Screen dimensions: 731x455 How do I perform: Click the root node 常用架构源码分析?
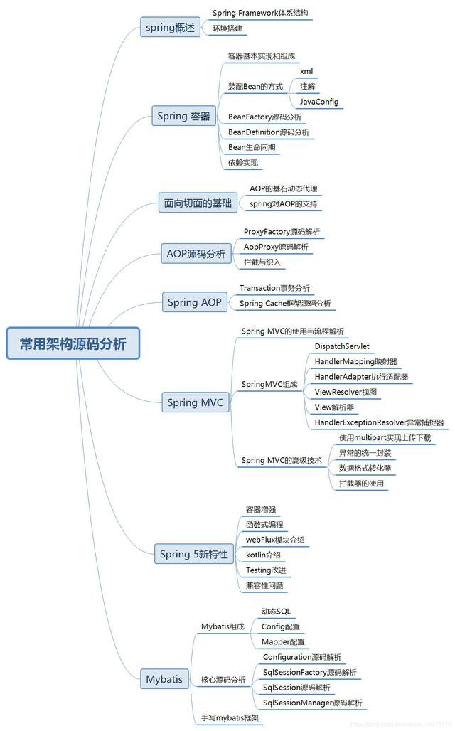(73, 343)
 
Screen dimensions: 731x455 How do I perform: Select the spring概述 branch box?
(169, 28)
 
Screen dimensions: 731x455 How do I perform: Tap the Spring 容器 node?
(183, 116)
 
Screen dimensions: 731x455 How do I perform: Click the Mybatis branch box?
(164, 678)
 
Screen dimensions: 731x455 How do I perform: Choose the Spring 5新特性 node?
(193, 553)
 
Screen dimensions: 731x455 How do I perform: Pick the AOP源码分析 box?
(196, 254)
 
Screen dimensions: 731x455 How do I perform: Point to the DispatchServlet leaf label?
(341, 346)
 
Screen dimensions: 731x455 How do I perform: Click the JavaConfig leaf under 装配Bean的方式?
(318, 102)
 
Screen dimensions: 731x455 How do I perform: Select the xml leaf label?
(306, 71)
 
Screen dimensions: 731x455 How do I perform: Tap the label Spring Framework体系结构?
(260, 13)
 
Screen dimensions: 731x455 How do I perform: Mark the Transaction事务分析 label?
(274, 287)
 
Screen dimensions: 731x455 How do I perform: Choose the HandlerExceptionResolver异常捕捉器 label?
(379, 422)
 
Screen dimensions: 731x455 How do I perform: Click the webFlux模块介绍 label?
(275, 539)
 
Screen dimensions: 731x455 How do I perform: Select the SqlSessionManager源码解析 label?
(312, 703)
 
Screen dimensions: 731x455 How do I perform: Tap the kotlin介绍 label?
(262, 555)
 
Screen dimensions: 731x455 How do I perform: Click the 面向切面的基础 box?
(197, 203)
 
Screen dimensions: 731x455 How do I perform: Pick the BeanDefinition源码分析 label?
(268, 132)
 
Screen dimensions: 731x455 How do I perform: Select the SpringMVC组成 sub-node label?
(269, 384)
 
